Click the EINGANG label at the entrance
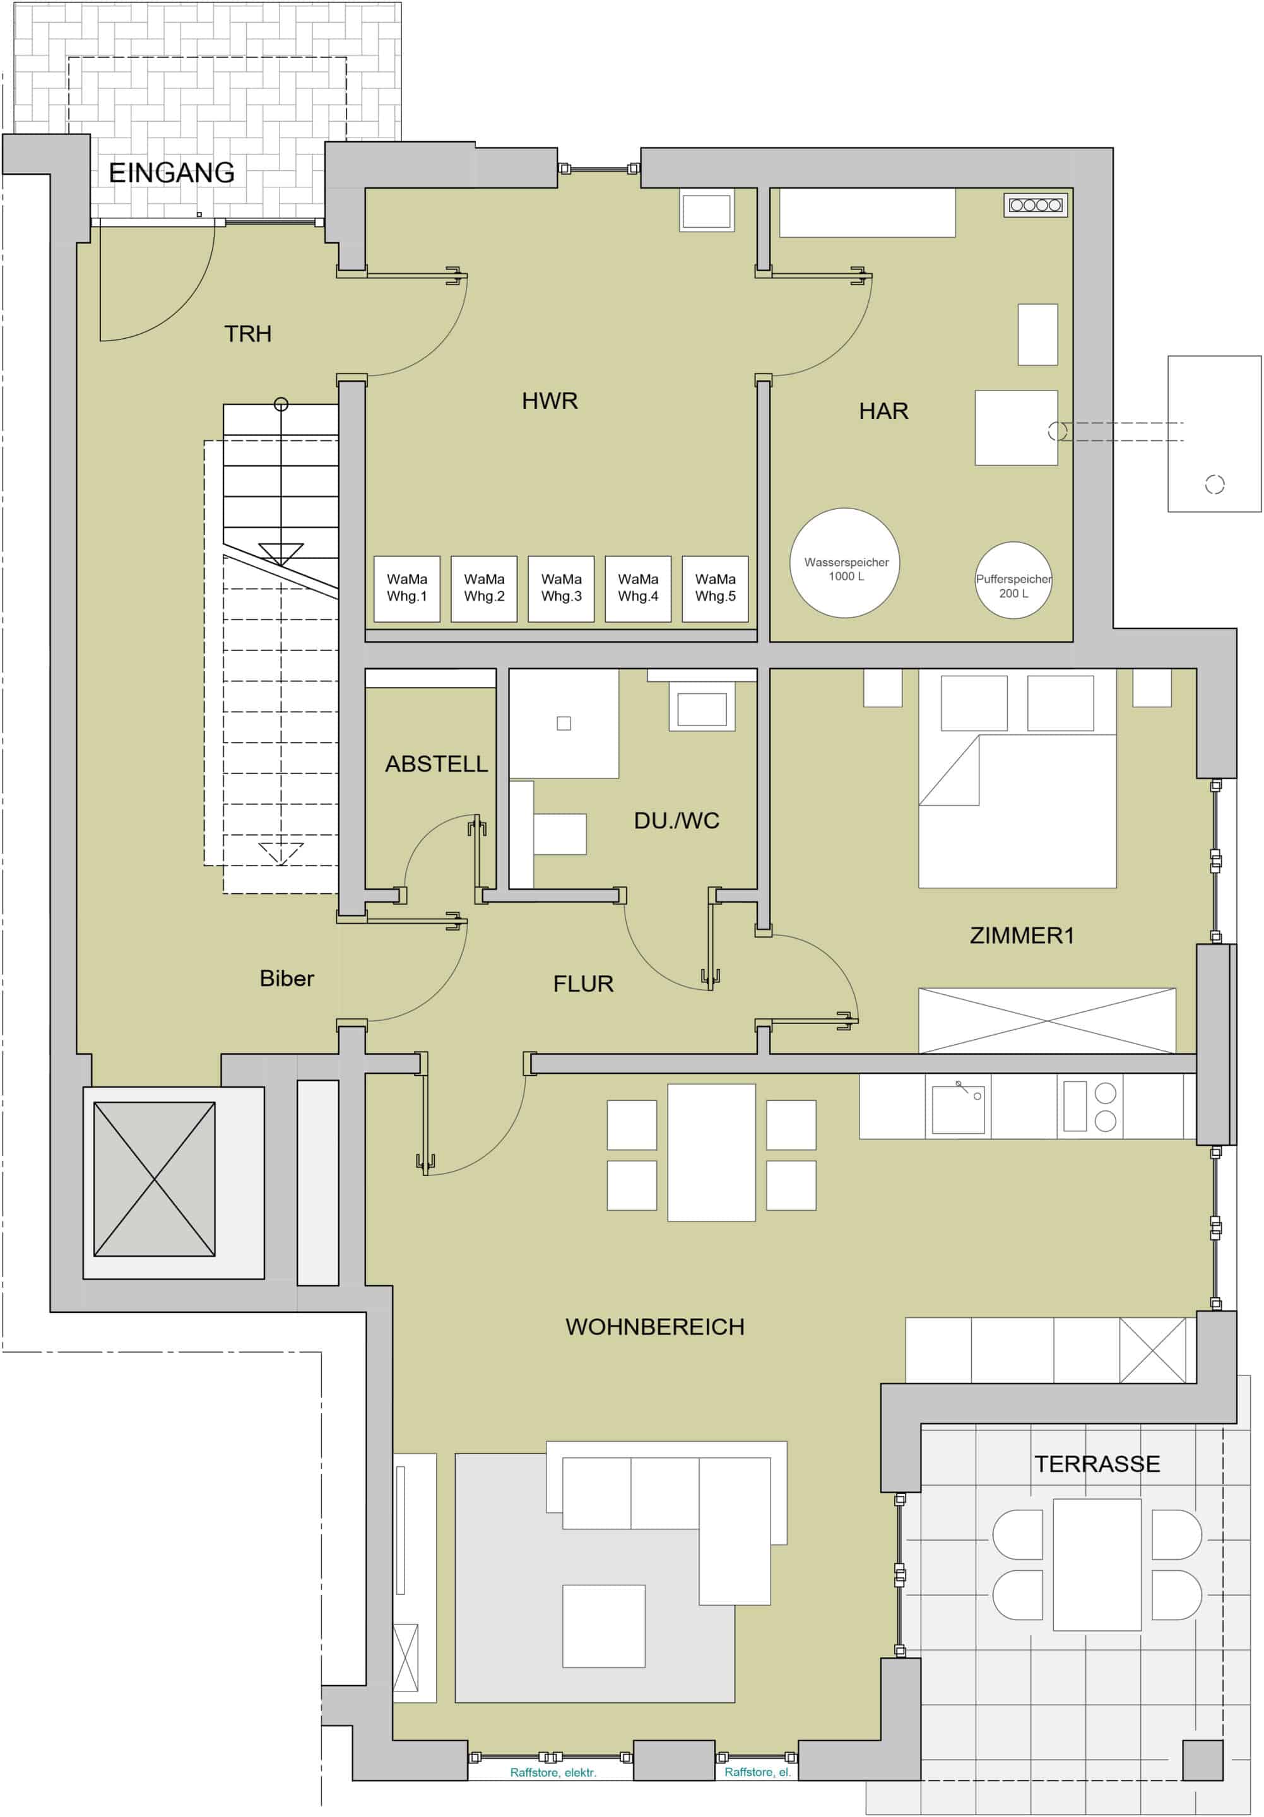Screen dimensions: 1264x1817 [171, 172]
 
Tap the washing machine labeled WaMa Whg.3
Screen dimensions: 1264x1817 [561, 588]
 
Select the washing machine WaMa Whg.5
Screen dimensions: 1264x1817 [716, 588]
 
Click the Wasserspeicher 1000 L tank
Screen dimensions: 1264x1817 [846, 562]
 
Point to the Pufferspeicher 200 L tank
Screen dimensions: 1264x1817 [1013, 580]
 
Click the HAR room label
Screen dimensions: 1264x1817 [883, 411]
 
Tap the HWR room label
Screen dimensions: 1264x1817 [549, 401]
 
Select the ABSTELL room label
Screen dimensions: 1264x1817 [436, 763]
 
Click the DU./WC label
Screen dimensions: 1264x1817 [676, 821]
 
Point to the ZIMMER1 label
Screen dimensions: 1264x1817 [1022, 936]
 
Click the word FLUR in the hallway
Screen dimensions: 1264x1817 [583, 984]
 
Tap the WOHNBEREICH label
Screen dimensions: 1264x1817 [654, 1326]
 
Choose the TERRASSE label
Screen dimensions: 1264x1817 [1097, 1464]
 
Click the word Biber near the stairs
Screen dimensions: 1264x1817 [286, 979]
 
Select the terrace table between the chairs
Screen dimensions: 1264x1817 [1097, 1565]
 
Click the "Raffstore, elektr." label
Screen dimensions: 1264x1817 [552, 1773]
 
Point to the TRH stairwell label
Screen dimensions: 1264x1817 [248, 334]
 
